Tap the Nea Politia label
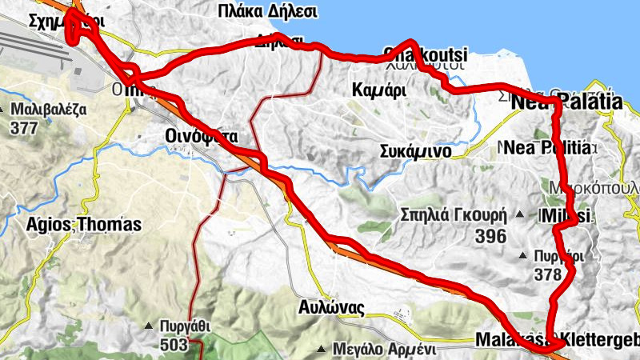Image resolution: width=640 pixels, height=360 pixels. tap(551, 148)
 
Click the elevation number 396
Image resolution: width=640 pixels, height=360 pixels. tap(490, 236)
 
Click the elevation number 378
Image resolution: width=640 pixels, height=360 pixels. tap(548, 274)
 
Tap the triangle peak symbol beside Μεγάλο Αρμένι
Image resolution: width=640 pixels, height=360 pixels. tap(322, 350)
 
